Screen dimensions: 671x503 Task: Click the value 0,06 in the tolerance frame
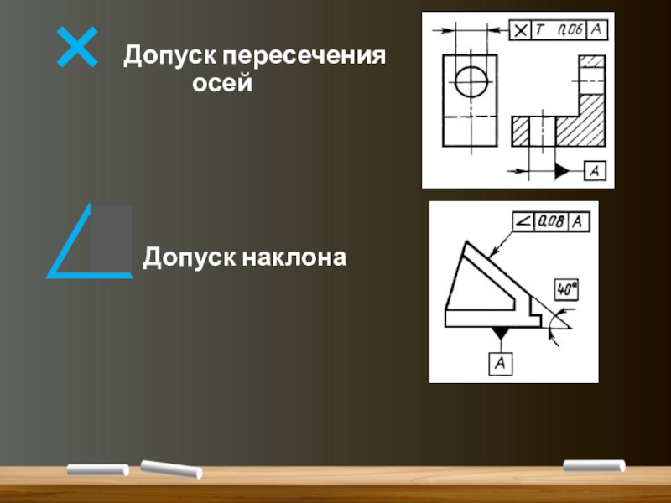570,30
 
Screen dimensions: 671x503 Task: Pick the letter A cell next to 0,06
596,30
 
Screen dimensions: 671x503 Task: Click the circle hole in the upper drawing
471,82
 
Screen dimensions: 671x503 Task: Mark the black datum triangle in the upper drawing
563,171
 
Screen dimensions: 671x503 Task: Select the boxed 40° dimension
567,290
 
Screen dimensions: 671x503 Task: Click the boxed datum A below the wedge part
501,363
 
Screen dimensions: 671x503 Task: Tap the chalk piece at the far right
594,465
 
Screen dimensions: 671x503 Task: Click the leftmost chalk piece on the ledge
97,469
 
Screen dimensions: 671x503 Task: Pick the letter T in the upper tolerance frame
541,30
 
